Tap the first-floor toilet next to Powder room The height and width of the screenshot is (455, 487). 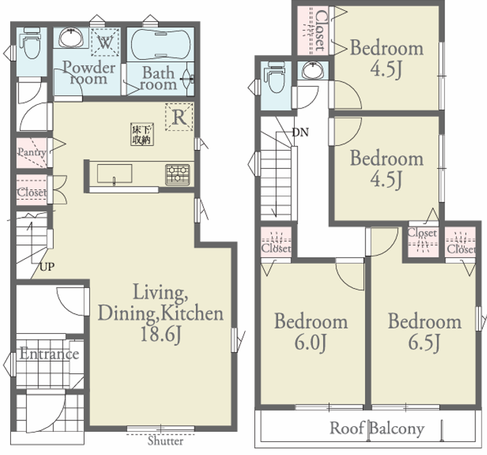point(31,44)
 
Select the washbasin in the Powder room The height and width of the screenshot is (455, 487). point(72,38)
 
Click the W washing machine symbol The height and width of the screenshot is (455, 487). point(105,42)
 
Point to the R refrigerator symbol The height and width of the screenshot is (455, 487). point(179,117)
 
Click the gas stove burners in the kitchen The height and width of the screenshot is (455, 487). point(177,174)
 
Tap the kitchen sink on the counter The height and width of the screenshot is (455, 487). point(115,174)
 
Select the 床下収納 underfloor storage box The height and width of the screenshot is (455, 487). point(143,134)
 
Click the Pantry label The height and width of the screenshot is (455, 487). point(31,153)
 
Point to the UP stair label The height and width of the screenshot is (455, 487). point(47,266)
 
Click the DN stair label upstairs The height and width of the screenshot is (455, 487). point(300,132)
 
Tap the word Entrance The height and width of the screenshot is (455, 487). point(49,354)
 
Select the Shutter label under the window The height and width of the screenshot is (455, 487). point(165,441)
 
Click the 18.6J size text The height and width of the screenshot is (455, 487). point(160,334)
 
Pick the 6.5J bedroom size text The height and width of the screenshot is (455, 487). point(424,342)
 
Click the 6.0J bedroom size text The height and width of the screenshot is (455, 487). point(310,342)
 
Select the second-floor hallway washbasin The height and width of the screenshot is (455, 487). point(313,70)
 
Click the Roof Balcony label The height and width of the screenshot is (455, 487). point(377,428)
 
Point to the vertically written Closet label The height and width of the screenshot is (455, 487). point(321,31)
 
